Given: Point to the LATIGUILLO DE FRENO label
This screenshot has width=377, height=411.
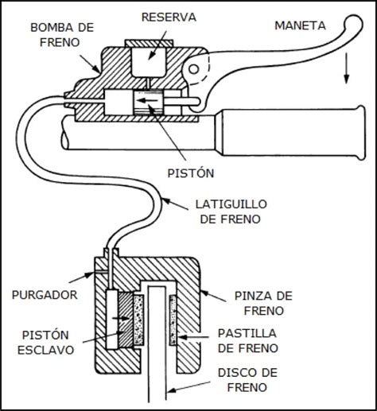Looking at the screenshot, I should pyautogui.click(x=229, y=212).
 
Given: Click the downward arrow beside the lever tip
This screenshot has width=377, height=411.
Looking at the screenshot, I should pyautogui.click(x=347, y=74).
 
